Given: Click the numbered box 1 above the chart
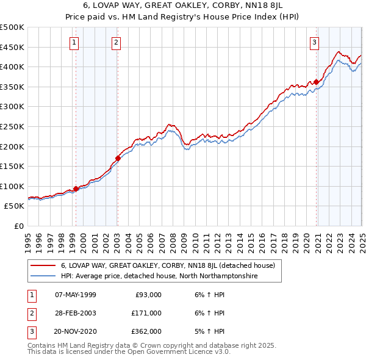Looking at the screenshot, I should click(x=74, y=42).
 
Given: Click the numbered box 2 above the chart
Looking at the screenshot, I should click(x=116, y=42).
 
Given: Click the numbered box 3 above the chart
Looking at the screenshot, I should click(x=314, y=42).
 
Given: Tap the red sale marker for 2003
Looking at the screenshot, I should click(x=118, y=157).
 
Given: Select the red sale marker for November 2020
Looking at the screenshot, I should click(x=317, y=82).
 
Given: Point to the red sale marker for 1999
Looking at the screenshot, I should click(x=76, y=189).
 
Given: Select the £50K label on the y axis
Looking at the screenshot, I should click(x=15, y=206).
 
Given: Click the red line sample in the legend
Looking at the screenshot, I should click(x=43, y=266).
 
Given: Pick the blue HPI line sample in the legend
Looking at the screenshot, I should click(x=43, y=276).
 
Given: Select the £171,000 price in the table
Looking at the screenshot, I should click(x=146, y=313).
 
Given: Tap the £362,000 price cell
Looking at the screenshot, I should click(x=146, y=331).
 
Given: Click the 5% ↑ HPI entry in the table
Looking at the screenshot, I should click(x=209, y=331).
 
